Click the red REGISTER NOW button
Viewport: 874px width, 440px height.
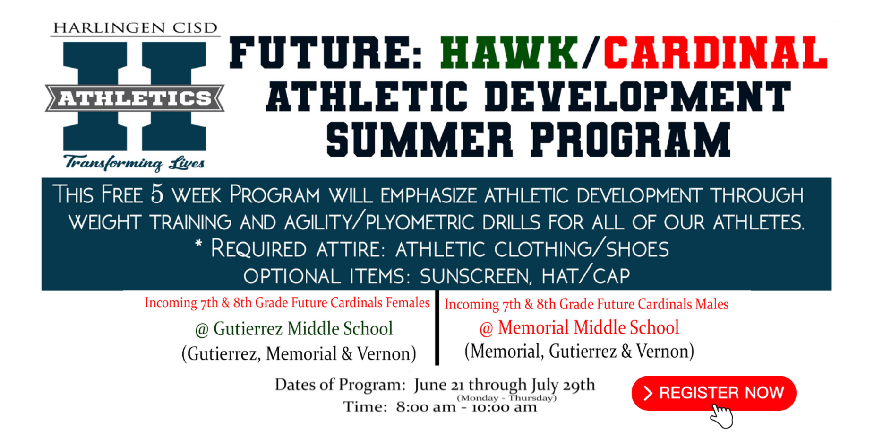click(713, 393)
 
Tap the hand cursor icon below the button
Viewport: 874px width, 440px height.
click(722, 416)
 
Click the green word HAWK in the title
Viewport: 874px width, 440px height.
click(509, 53)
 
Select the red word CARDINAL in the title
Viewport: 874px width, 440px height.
click(715, 53)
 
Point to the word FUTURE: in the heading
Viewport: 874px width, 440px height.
click(326, 53)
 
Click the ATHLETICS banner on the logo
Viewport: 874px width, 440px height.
click(135, 98)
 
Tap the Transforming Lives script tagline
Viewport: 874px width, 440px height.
click(134, 163)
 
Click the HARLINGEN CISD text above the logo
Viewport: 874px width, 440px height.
click(135, 28)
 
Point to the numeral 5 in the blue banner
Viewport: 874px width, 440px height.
click(157, 194)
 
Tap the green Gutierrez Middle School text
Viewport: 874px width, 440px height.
click(294, 329)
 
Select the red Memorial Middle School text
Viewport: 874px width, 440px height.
click(579, 327)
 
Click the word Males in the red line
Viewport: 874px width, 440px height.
click(712, 304)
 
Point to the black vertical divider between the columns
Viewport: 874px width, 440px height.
click(437, 328)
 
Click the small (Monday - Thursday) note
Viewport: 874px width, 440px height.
click(506, 398)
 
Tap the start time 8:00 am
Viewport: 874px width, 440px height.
click(426, 407)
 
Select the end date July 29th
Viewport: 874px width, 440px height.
click(563, 385)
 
